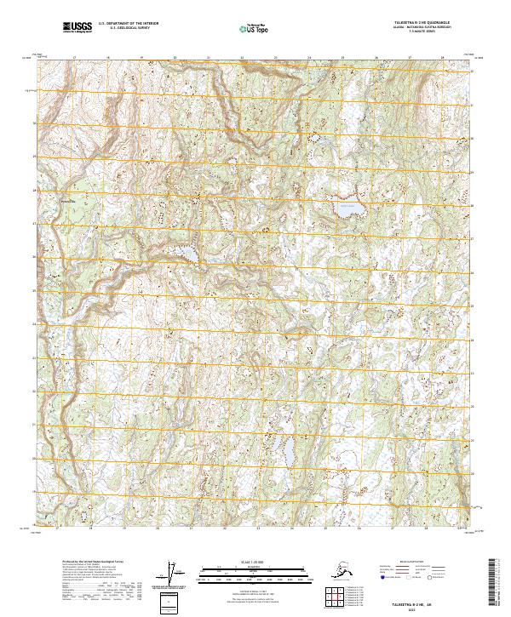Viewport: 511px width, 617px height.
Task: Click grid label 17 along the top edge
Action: click(x=75, y=58)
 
